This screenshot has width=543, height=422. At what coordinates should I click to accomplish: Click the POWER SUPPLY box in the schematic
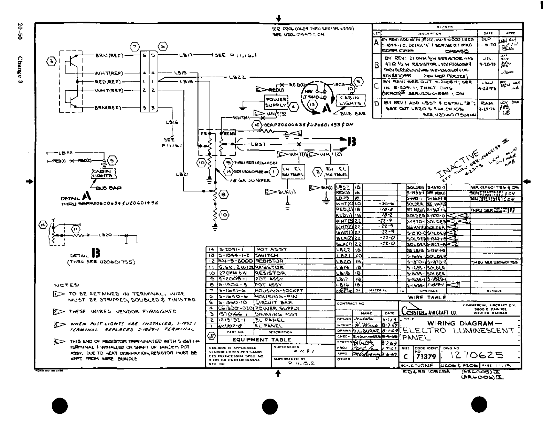[276, 102]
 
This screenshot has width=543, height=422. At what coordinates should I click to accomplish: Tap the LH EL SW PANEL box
[293, 171]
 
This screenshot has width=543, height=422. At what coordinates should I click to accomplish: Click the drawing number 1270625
[474, 355]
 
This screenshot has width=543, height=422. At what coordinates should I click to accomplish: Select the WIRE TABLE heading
[427, 298]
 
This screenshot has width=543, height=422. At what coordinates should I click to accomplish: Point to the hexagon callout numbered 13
[312, 105]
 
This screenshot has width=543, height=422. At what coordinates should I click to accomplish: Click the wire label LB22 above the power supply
[237, 77]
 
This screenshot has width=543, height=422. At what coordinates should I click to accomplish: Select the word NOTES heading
[67, 285]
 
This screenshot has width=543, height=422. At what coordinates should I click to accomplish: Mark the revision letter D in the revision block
[377, 103]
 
